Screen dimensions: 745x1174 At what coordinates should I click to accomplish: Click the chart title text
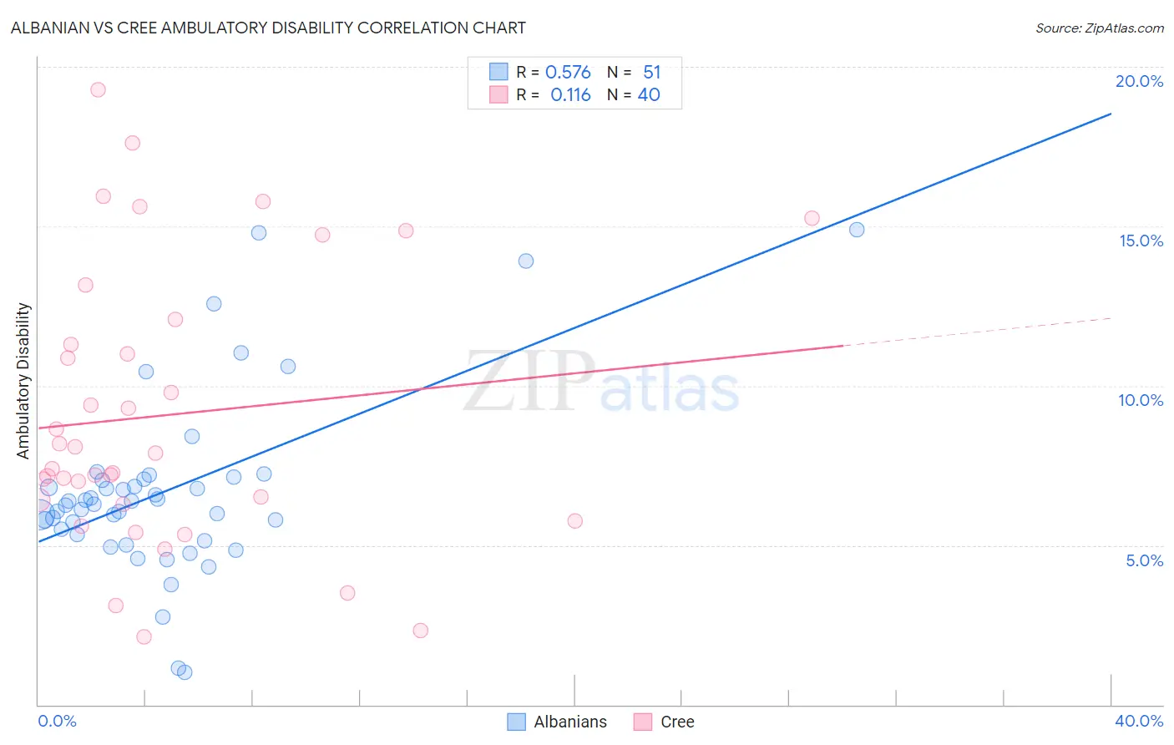coord(268,28)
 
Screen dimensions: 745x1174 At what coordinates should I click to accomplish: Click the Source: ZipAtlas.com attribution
coord(1099,28)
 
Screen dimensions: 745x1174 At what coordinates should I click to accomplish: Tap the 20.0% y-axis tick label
coord(1139,81)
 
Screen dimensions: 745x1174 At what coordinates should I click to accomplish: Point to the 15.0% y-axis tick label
coord(1141,241)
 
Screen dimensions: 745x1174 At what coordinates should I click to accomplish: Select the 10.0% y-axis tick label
coord(1141,400)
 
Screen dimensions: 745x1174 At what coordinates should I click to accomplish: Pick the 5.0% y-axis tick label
coord(1144,560)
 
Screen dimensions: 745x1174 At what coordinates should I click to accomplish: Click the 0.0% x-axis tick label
coord(57,721)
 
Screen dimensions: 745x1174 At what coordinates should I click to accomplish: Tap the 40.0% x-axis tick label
coord(1138,721)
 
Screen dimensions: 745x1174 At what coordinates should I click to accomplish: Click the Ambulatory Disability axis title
coord(23,380)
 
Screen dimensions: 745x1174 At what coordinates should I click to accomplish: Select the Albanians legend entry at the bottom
coord(558,722)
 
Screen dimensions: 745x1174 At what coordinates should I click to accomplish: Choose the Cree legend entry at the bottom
coord(665,722)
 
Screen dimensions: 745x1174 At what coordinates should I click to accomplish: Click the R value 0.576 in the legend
coord(568,73)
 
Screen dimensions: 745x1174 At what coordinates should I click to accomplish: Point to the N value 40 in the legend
coord(649,95)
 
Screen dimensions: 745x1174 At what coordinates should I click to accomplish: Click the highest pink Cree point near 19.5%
coord(98,89)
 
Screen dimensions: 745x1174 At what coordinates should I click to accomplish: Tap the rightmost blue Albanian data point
coord(857,230)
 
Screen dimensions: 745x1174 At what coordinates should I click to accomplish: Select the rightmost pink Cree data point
coord(812,218)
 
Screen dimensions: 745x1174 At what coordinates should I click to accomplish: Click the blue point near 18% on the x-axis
coord(526,261)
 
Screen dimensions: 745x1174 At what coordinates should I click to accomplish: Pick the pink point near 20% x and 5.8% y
coord(574,521)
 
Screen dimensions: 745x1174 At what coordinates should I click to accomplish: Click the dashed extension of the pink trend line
coord(977,332)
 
